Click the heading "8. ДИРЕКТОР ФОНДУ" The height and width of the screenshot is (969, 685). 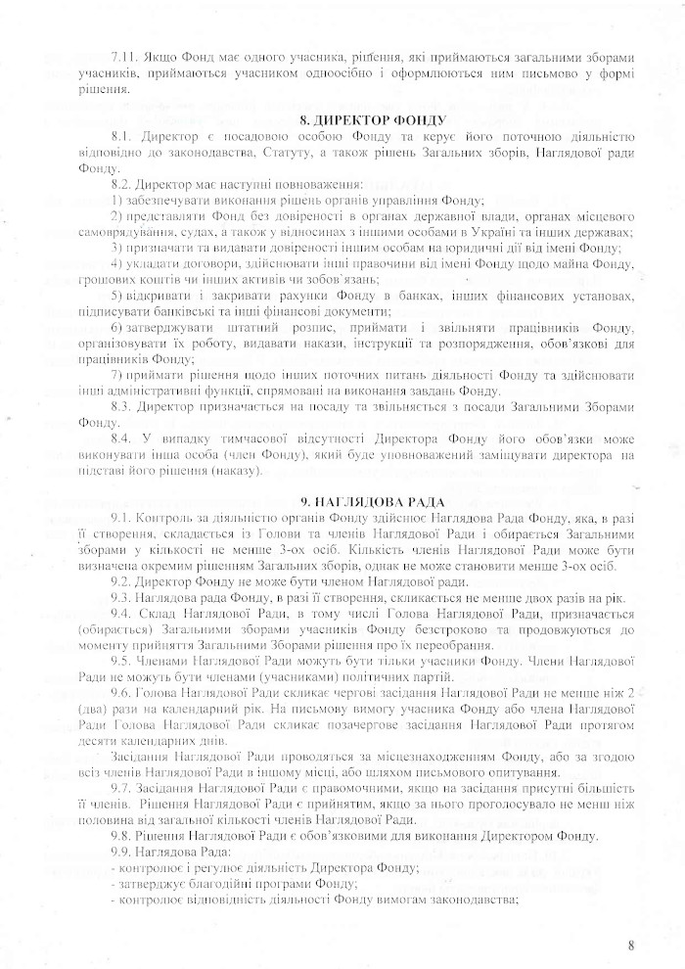pos(342,120)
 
